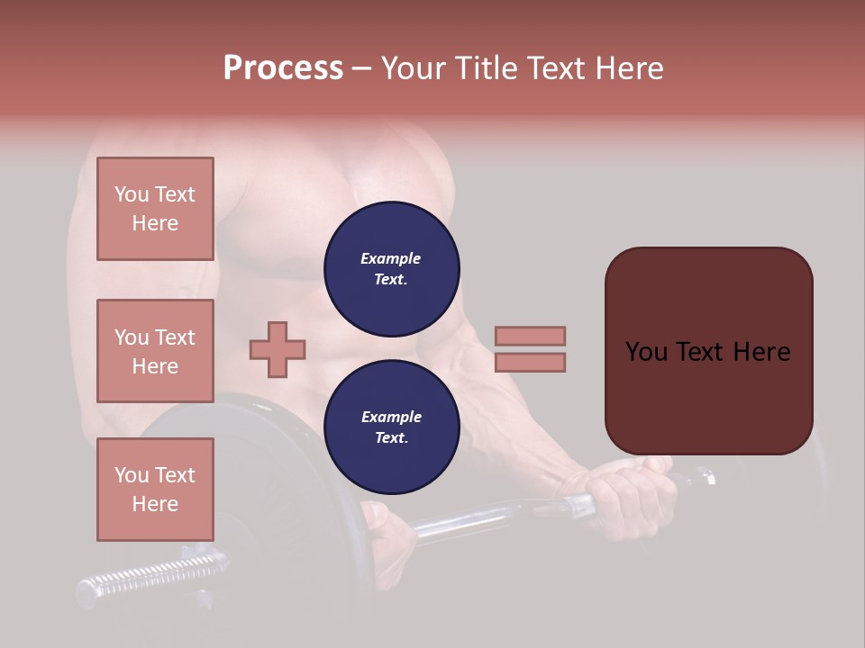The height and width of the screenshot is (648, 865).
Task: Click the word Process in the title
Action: (x=283, y=68)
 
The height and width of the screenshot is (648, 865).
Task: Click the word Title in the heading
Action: (x=485, y=68)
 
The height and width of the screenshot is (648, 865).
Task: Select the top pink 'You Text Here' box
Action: (x=155, y=209)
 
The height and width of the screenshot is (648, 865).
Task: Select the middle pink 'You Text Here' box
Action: (x=155, y=351)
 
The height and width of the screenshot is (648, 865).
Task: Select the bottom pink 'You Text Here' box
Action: (x=155, y=489)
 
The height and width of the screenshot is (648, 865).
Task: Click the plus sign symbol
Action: (x=278, y=349)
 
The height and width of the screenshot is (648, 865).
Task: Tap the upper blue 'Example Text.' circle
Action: (x=391, y=269)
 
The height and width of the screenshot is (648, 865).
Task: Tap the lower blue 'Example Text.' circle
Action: (x=391, y=427)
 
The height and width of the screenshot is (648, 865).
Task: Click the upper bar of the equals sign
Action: (x=530, y=336)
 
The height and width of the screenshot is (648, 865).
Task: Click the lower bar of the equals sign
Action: (x=530, y=362)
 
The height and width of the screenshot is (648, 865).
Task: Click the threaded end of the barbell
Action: (x=153, y=576)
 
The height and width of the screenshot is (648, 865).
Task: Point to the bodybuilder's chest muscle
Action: (x=270, y=225)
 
